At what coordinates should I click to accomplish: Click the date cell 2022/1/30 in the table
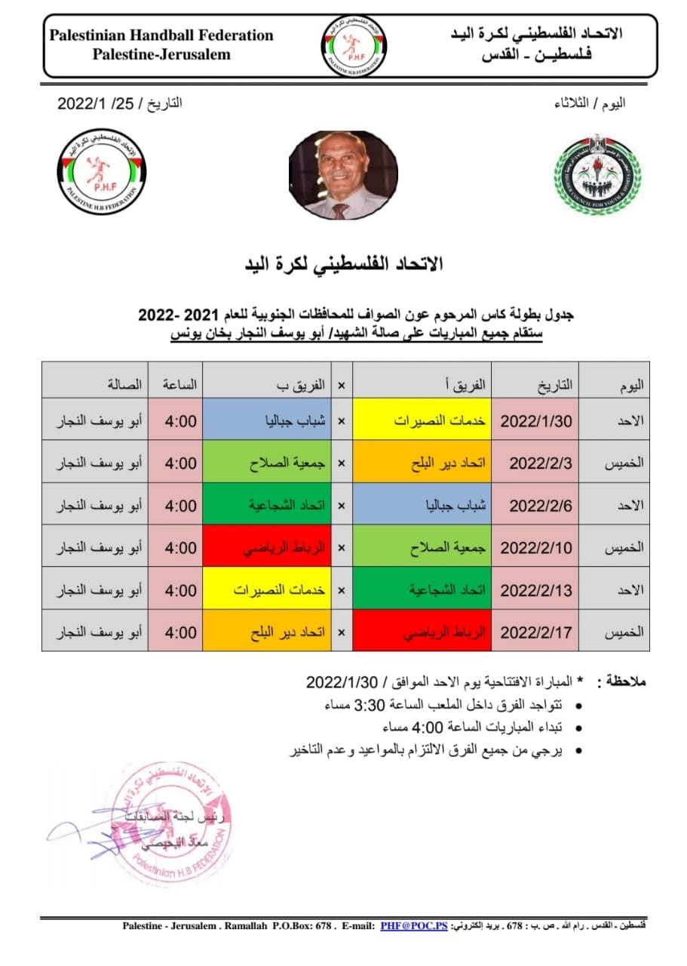tap(536, 420)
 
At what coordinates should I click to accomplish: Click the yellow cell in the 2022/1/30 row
tap(422, 420)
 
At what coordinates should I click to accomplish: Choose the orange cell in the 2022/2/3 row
tap(422, 463)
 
